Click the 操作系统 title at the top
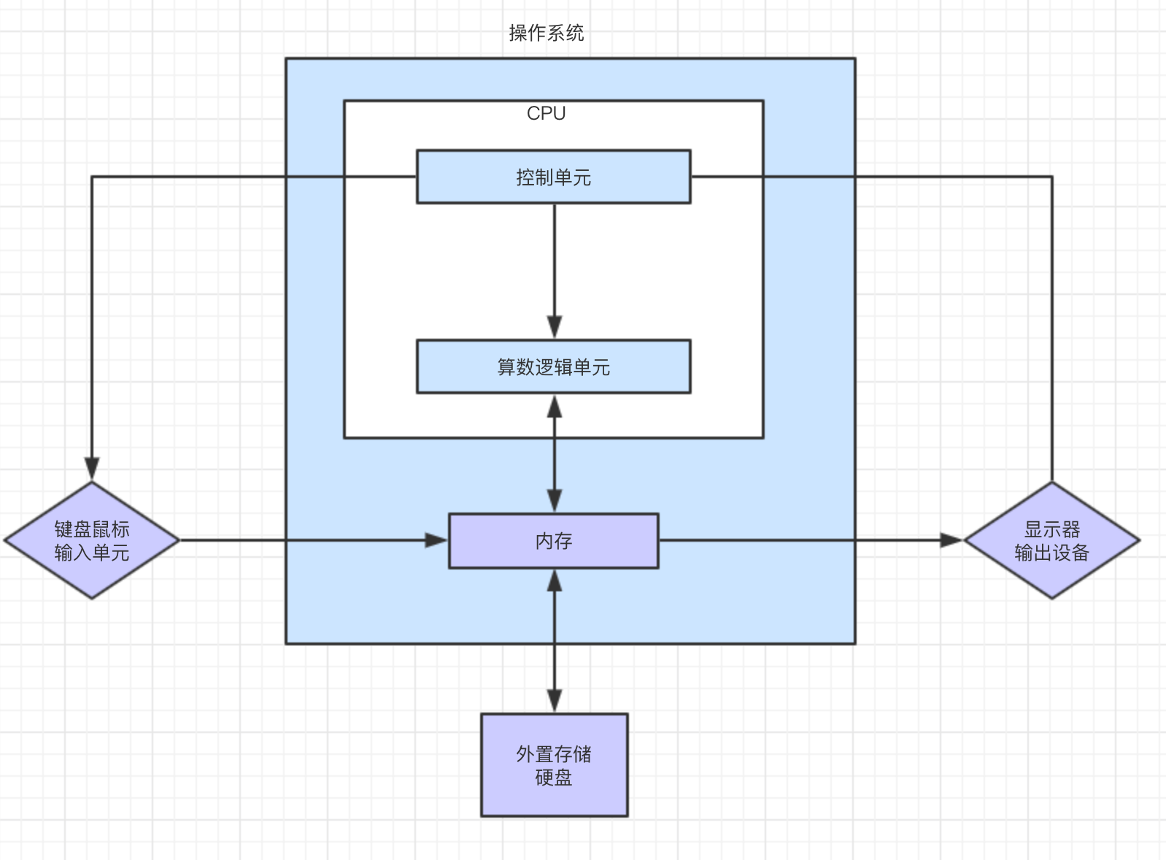(547, 33)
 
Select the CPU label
(546, 114)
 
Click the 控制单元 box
(553, 177)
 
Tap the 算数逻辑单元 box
(553, 366)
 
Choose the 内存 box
(553, 541)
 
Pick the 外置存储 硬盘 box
(554, 765)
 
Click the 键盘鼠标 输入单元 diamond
(92, 540)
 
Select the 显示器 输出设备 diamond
(1051, 540)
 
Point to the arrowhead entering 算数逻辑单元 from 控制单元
(555, 327)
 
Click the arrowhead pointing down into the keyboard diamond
(92, 469)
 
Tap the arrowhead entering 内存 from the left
(436, 540)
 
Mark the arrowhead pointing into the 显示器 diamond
(951, 540)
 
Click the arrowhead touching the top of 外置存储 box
(555, 701)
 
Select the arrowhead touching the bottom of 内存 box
(555, 581)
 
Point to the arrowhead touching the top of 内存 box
(555, 501)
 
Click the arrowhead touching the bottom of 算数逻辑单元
(555, 406)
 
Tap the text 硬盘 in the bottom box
(554, 778)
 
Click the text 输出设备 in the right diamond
(1051, 553)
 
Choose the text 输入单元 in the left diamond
(92, 553)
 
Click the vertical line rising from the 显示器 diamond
(1051, 329)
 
